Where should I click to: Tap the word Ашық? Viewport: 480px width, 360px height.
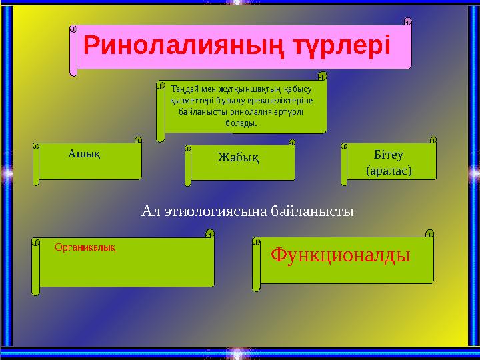pyautogui.click(x=84, y=154)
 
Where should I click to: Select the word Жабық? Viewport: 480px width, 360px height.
pyautogui.click(x=238, y=158)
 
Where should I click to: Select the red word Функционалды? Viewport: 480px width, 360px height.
pyautogui.click(x=340, y=255)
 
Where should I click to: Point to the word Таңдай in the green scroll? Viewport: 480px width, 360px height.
pyautogui.click(x=185, y=88)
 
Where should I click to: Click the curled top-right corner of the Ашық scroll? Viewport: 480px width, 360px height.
pyautogui.click(x=138, y=141)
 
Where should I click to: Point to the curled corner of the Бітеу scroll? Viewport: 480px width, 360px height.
pyautogui.click(x=433, y=141)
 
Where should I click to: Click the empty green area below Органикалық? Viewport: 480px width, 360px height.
pyautogui.click(x=127, y=270)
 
